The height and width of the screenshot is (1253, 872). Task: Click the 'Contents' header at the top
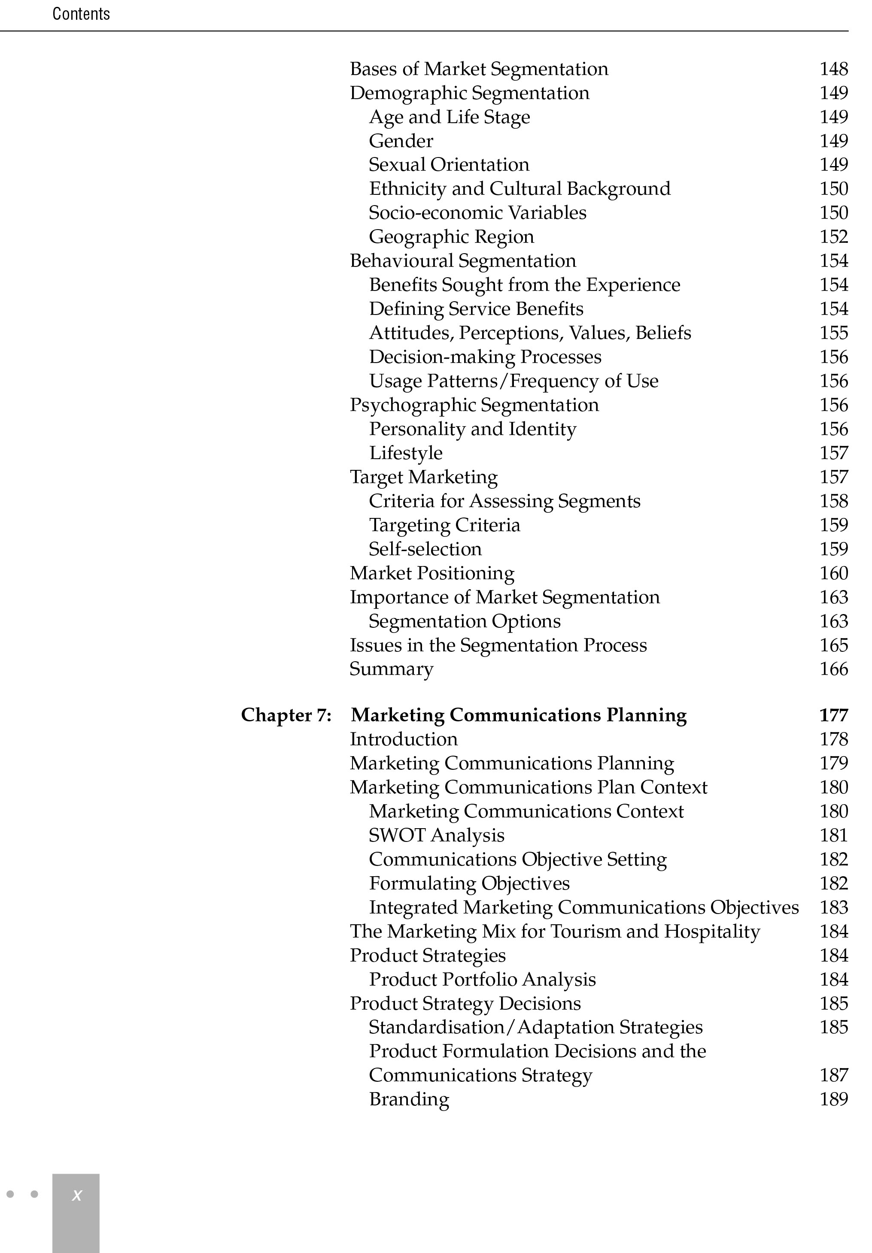[81, 14]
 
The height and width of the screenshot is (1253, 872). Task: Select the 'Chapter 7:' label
[286, 715]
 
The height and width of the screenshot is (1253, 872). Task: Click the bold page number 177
[833, 715]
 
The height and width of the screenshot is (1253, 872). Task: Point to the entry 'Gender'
[401, 141]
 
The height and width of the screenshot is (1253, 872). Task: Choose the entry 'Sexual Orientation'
[449, 165]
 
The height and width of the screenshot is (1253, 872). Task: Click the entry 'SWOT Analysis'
[436, 835]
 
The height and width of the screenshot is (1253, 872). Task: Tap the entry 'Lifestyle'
[406, 453]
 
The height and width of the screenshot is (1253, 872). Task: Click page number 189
[833, 1099]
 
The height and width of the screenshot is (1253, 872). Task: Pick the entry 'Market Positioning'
[432, 573]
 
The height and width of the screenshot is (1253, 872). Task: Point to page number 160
[833, 573]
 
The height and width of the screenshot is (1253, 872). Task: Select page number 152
[833, 237]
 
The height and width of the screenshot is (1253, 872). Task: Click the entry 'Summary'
[392, 669]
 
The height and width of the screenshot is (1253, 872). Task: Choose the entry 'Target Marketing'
[424, 477]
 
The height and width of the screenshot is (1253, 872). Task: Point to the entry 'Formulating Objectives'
[469, 883]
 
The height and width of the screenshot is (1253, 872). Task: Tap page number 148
[833, 69]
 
